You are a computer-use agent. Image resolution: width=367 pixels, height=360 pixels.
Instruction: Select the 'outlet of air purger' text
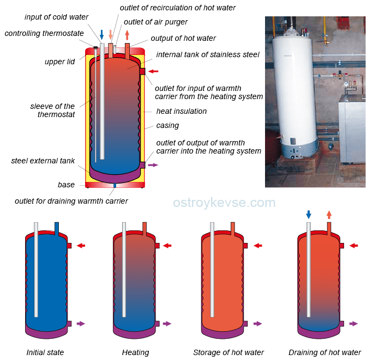(155, 22)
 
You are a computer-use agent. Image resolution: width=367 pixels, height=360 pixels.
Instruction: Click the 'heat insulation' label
(181, 111)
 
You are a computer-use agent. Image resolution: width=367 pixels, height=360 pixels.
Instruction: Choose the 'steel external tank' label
(43, 161)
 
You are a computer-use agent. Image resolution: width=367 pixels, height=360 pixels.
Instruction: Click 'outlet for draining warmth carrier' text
(71, 201)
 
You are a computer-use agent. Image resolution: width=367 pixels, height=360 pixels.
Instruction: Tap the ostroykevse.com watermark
(224, 203)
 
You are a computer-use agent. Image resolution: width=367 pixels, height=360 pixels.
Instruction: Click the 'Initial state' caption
(45, 352)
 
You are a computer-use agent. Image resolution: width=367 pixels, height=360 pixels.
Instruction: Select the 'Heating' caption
(135, 352)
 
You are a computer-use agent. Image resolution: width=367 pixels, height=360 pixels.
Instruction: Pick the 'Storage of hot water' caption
(228, 352)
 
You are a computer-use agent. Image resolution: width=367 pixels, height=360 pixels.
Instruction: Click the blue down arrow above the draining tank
(309, 214)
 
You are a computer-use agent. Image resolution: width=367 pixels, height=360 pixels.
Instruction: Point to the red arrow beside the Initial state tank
(81, 246)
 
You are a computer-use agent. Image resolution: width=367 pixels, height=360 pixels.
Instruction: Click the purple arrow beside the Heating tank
(167, 324)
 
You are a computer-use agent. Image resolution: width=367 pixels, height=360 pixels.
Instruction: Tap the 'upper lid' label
(59, 62)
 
